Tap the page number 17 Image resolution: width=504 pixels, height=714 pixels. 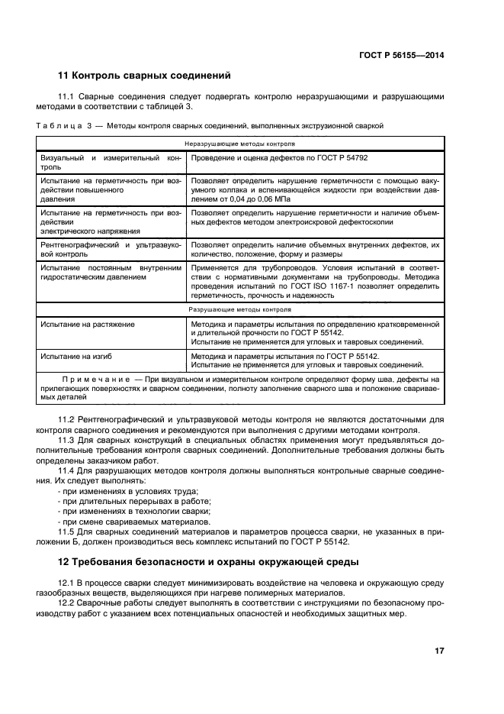(439, 651)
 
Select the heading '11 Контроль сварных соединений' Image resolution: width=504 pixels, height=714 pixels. (144, 76)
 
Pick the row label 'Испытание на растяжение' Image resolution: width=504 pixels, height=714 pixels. (88, 325)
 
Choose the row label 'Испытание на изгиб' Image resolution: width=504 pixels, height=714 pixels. (79, 357)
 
